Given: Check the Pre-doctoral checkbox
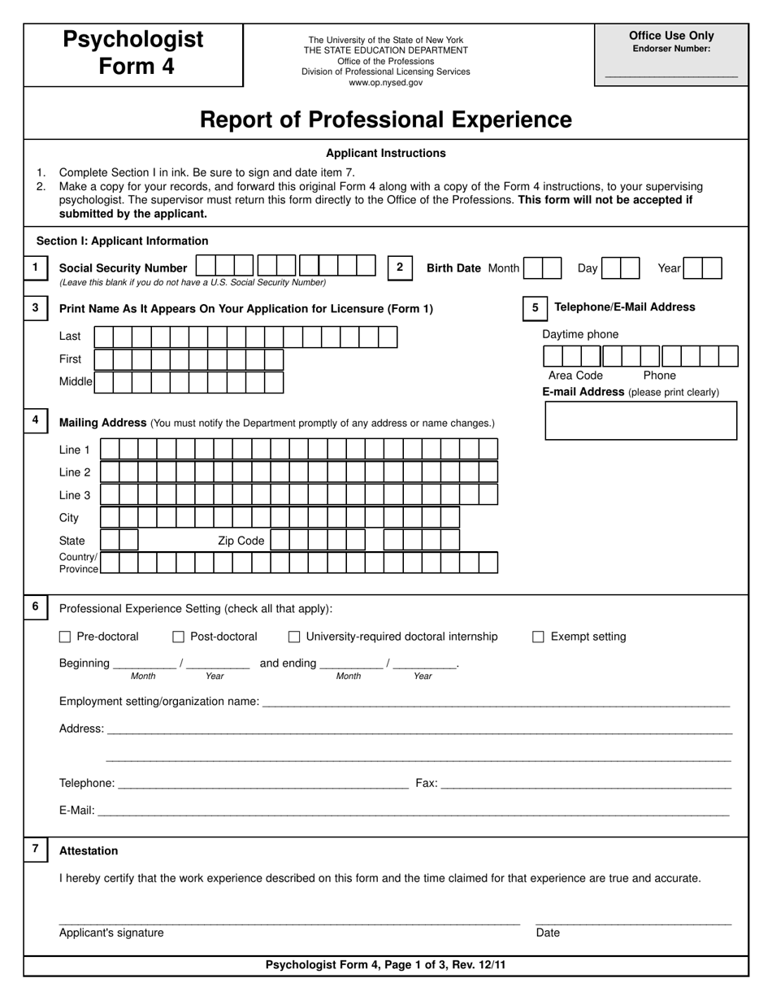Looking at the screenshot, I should tap(65, 637).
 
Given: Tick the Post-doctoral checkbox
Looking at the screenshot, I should tap(179, 637).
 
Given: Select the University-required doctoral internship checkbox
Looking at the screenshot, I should tap(295, 637).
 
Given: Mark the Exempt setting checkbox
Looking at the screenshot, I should tap(538, 637).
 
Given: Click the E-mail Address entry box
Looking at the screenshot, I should tap(640, 420).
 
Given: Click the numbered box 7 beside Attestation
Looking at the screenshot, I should tap(35, 850).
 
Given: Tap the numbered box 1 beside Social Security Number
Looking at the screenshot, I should tap(35, 267).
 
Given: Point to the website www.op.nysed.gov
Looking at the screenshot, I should tap(385, 82).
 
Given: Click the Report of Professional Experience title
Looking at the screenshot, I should tap(385, 120).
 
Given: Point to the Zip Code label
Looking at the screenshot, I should tap(241, 541).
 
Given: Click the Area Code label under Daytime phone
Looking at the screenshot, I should tap(575, 376).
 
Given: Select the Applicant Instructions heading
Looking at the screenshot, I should tap(385, 153).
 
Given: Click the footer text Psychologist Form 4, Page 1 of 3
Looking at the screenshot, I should tap(385, 965).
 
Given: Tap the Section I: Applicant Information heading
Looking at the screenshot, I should tap(122, 241).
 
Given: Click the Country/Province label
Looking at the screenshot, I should tap(78, 563).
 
